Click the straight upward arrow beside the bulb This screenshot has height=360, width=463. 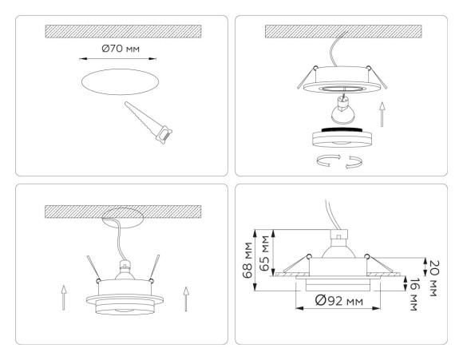pyautogui.click(x=382, y=113)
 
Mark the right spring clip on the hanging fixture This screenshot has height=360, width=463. pyautogui.click(x=156, y=267)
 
